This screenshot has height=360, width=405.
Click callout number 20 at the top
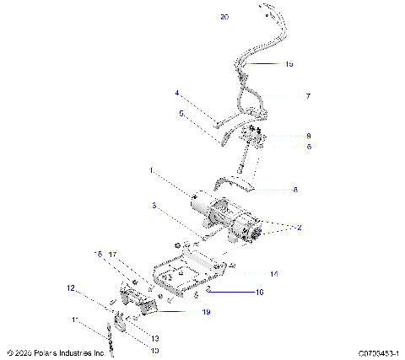click(x=224, y=17)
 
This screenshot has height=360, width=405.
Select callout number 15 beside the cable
click(x=289, y=64)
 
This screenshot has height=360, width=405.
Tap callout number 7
click(x=308, y=97)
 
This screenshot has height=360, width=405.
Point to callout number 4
click(x=177, y=93)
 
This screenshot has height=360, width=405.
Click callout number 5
click(x=181, y=112)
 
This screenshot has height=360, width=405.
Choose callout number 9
click(x=308, y=135)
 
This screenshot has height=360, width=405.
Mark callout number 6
click(x=308, y=147)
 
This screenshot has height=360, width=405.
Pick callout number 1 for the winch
click(x=152, y=171)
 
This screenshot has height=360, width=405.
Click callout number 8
click(x=294, y=191)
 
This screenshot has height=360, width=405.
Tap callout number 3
click(x=154, y=206)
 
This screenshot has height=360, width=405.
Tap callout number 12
click(x=72, y=288)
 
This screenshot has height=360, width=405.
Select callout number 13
click(x=131, y=337)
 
